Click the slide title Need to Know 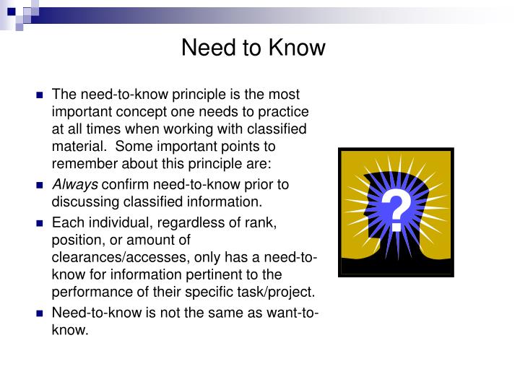click(x=253, y=48)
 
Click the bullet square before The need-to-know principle click(x=40, y=95)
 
